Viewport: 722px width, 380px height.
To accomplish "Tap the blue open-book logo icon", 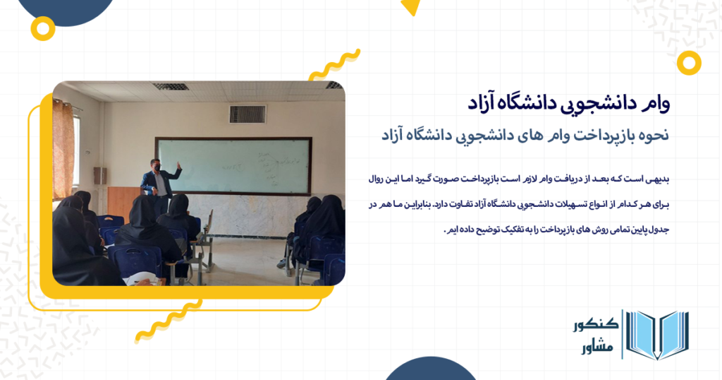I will pyautogui.click(x=657, y=336).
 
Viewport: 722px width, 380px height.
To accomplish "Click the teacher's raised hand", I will pyautogui.click(x=179, y=167).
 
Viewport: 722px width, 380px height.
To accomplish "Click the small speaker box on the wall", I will pyautogui.click(x=99, y=175).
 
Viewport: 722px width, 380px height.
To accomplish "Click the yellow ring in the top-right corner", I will pyautogui.click(x=688, y=63).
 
